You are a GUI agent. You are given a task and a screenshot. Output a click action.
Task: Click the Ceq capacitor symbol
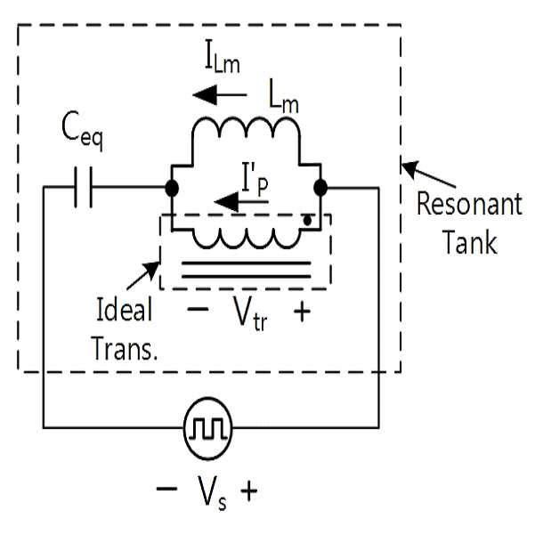(x=84, y=187)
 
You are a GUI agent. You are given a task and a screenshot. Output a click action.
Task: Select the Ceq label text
(x=82, y=132)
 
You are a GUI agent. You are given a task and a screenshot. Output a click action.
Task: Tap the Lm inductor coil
(x=246, y=128)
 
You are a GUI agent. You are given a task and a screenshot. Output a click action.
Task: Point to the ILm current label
(x=223, y=61)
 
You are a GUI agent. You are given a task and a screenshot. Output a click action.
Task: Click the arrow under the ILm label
(x=220, y=95)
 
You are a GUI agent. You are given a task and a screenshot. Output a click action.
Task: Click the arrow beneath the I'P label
(x=241, y=202)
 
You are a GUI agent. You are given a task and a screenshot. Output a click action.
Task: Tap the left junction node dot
(x=172, y=188)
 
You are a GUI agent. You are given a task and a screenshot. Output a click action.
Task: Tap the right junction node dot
(x=320, y=188)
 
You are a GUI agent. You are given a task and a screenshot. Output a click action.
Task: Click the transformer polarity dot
(x=307, y=221)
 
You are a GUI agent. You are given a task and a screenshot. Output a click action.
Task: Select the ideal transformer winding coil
(x=246, y=239)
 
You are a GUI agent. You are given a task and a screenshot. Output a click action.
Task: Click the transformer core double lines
(x=246, y=270)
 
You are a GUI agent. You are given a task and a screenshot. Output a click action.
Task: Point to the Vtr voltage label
(x=249, y=313)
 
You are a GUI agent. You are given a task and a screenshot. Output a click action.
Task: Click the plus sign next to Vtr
(x=303, y=312)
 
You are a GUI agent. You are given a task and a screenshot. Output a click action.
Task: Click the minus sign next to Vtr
(x=198, y=310)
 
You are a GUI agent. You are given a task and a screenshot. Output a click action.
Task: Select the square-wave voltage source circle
(x=207, y=428)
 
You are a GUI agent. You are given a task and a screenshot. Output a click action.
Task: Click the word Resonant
(x=469, y=205)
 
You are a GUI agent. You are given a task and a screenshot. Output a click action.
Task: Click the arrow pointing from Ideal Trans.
(x=143, y=276)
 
